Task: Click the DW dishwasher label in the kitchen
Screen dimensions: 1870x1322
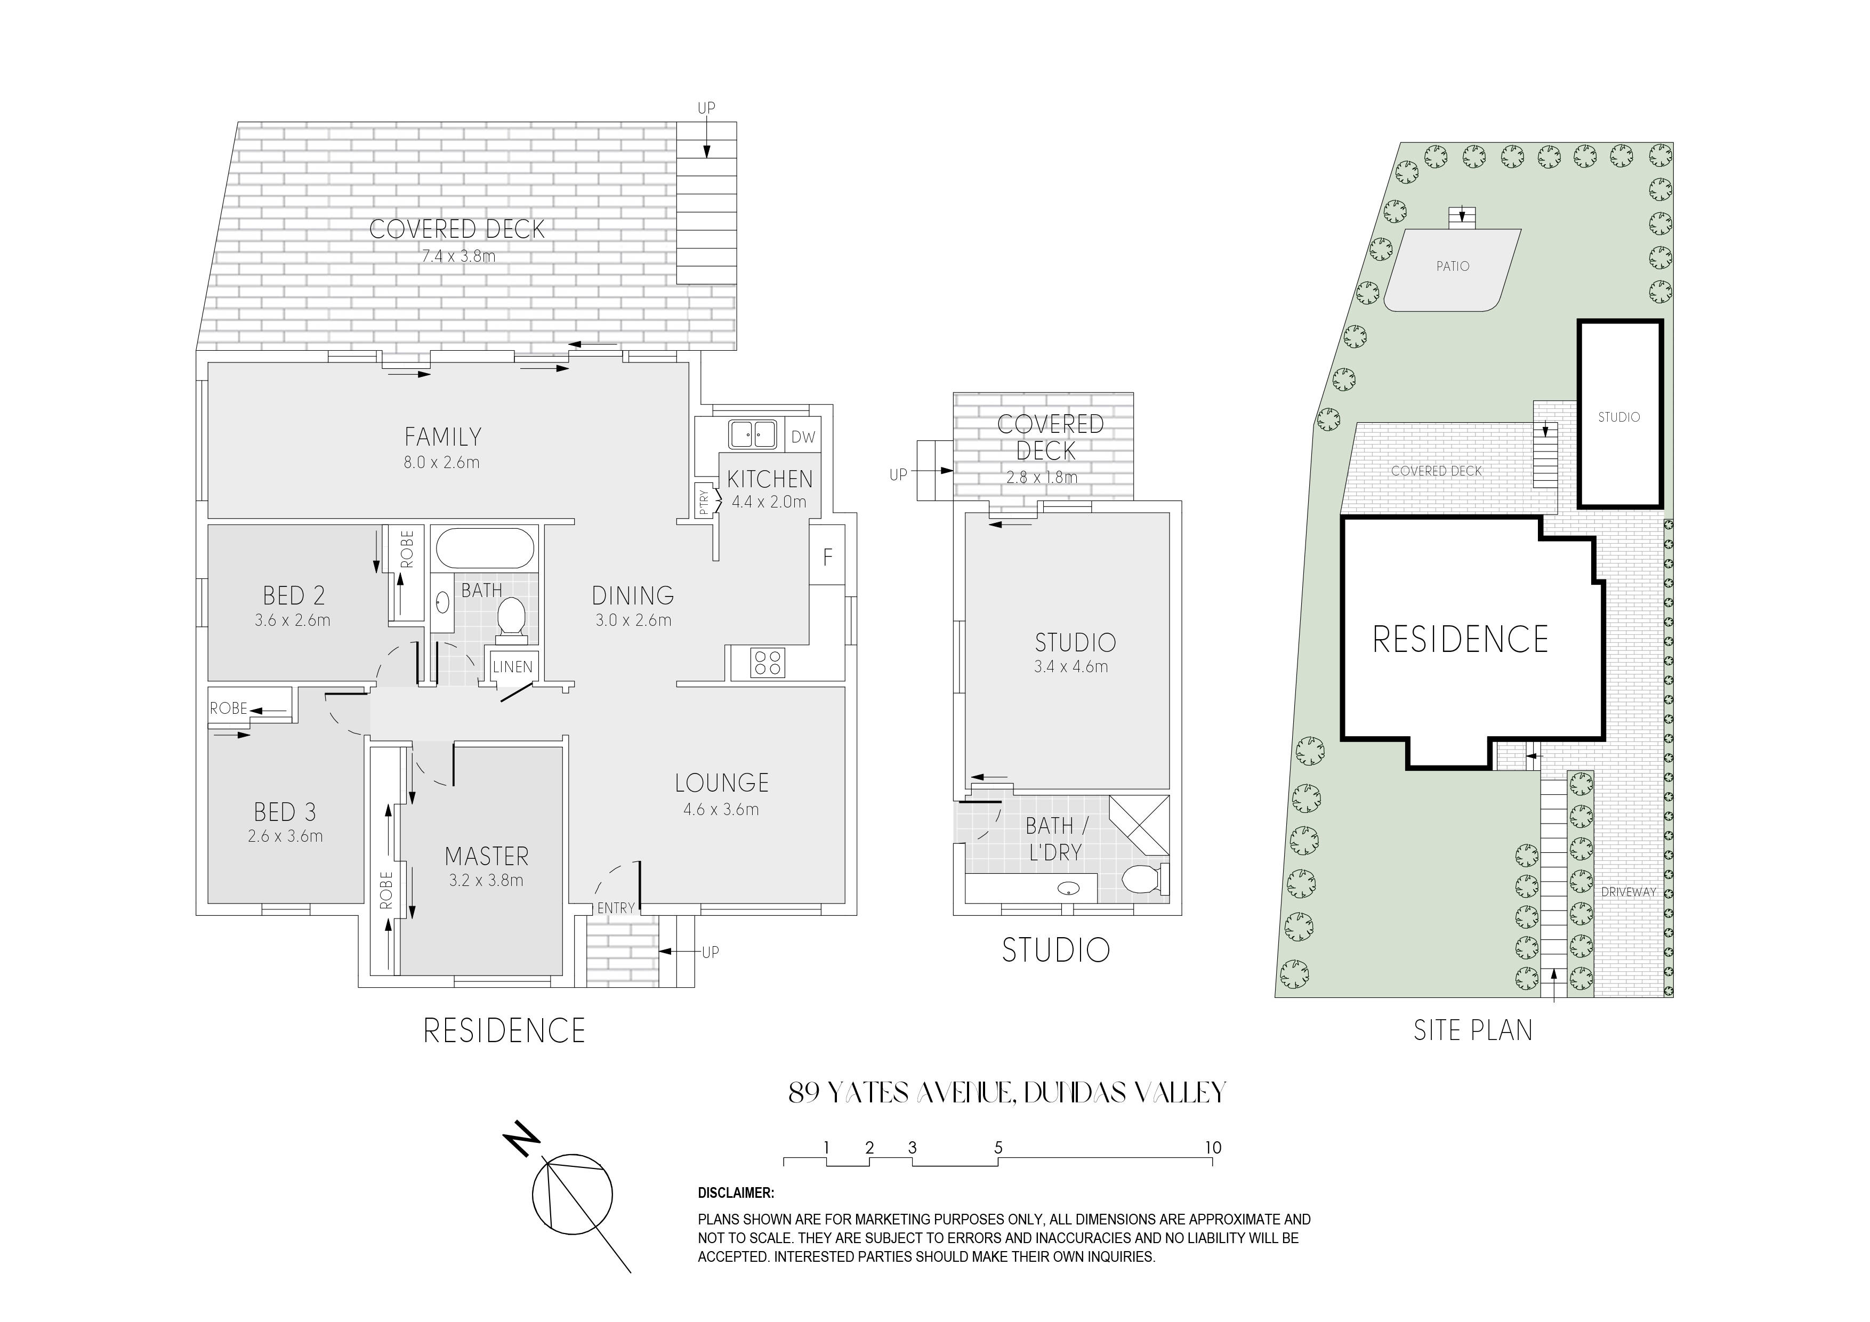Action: (803, 438)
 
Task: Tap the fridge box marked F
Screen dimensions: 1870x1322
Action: (827, 555)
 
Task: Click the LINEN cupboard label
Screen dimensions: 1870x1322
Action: (512, 667)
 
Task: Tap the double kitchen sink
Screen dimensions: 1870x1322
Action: (752, 434)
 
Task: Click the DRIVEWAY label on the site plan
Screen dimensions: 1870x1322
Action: (1629, 892)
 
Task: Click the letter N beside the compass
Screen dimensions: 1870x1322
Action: (522, 1140)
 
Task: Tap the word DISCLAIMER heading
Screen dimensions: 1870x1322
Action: (736, 1194)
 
